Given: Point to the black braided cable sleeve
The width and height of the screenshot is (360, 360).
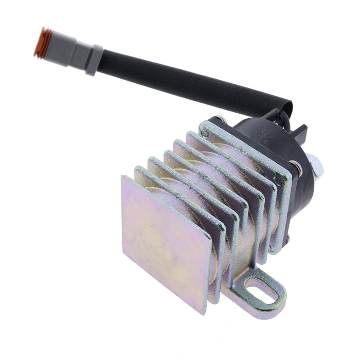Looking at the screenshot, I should pyautogui.click(x=190, y=85).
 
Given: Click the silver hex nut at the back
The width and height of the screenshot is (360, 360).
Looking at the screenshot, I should pyautogui.click(x=317, y=165).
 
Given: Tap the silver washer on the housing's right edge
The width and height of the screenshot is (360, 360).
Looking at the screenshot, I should pyautogui.click(x=297, y=166).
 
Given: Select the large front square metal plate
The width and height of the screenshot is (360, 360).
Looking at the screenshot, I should pyautogui.click(x=165, y=242).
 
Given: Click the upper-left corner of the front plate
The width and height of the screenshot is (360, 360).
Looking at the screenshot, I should pyautogui.click(x=123, y=177).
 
